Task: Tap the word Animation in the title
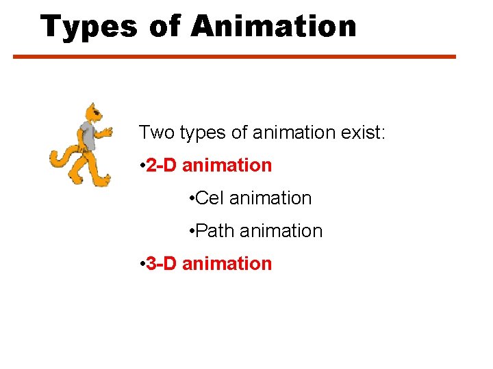tap(274, 26)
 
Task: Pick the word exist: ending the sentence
tap(363, 132)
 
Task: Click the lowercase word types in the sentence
tap(203, 133)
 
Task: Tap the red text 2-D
tap(162, 165)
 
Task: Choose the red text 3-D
tap(162, 264)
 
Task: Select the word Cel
tap(210, 198)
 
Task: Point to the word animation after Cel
tap(270, 198)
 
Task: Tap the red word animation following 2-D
tap(227, 165)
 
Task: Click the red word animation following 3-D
tap(227, 264)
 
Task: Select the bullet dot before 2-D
tap(140, 166)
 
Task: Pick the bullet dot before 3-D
tap(140, 264)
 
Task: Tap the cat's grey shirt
tap(87, 136)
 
